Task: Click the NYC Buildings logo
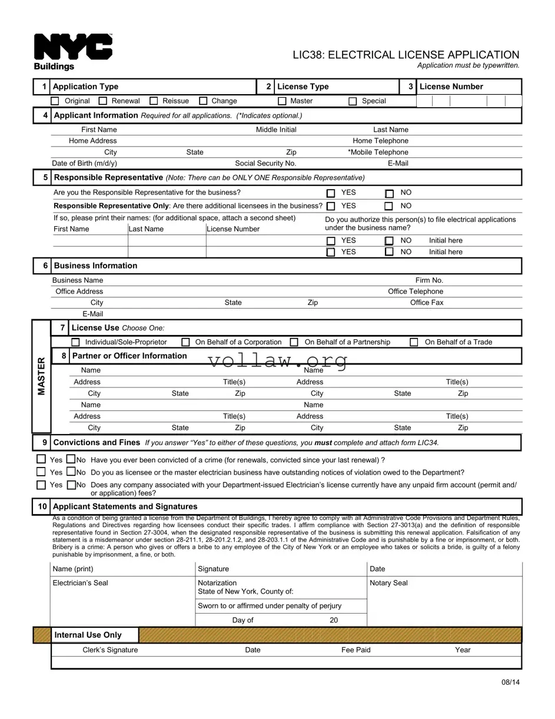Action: [72, 51]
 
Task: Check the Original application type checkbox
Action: [55, 101]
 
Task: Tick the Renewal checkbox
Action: [103, 101]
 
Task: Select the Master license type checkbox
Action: [282, 101]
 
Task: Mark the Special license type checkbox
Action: [353, 101]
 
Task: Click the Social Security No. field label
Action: [265, 164]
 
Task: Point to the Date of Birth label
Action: [84, 164]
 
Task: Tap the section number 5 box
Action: [42, 177]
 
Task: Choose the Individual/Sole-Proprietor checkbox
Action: [75, 342]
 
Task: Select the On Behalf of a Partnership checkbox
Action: [294, 342]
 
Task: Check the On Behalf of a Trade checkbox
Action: [414, 342]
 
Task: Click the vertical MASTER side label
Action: [41, 376]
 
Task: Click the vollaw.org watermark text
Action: [277, 361]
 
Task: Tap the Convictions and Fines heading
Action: [97, 442]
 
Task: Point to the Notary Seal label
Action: [388, 583]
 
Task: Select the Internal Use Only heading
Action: [88, 635]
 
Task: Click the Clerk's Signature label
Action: [110, 650]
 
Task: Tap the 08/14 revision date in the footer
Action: [511, 682]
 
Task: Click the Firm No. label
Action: [429, 280]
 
